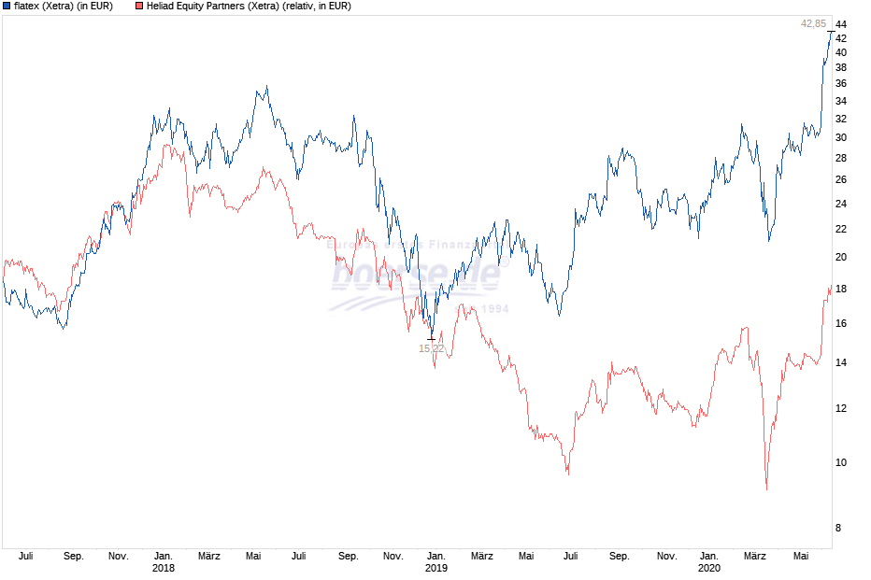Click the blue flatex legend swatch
tap(7, 7)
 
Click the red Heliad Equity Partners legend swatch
tap(139, 7)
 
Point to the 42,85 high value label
tap(813, 23)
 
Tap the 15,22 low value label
tap(431, 348)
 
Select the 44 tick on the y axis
tap(841, 23)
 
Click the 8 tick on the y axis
tap(838, 528)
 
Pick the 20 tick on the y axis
tap(841, 257)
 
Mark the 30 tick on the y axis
tap(841, 137)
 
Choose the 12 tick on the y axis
tap(841, 408)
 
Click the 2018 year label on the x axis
tap(163, 568)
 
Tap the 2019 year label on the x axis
tap(436, 568)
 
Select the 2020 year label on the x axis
tap(709, 568)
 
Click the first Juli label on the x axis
tap(25, 556)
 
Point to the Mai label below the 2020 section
tap(801, 556)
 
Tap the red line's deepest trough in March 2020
tap(766, 488)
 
